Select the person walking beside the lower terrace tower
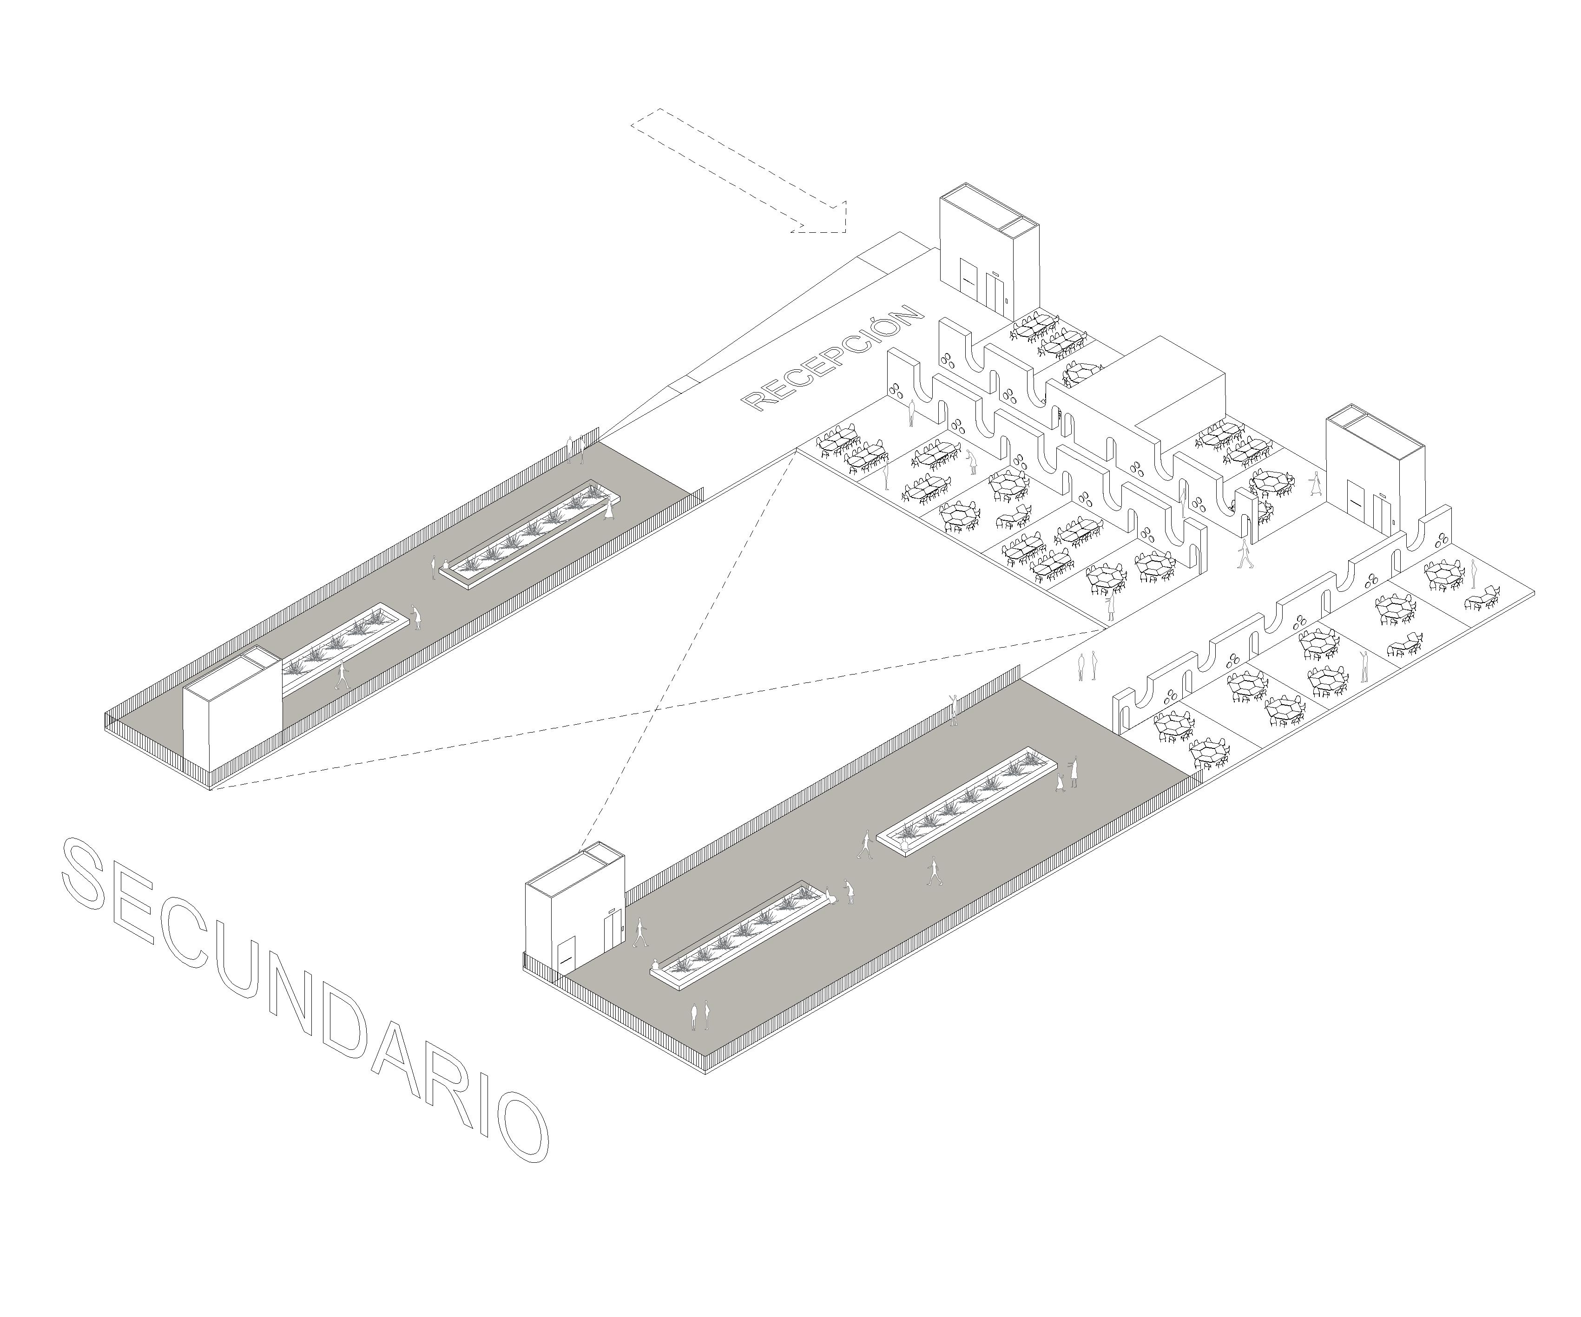[x=641, y=933]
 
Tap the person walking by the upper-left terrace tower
[x=343, y=675]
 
